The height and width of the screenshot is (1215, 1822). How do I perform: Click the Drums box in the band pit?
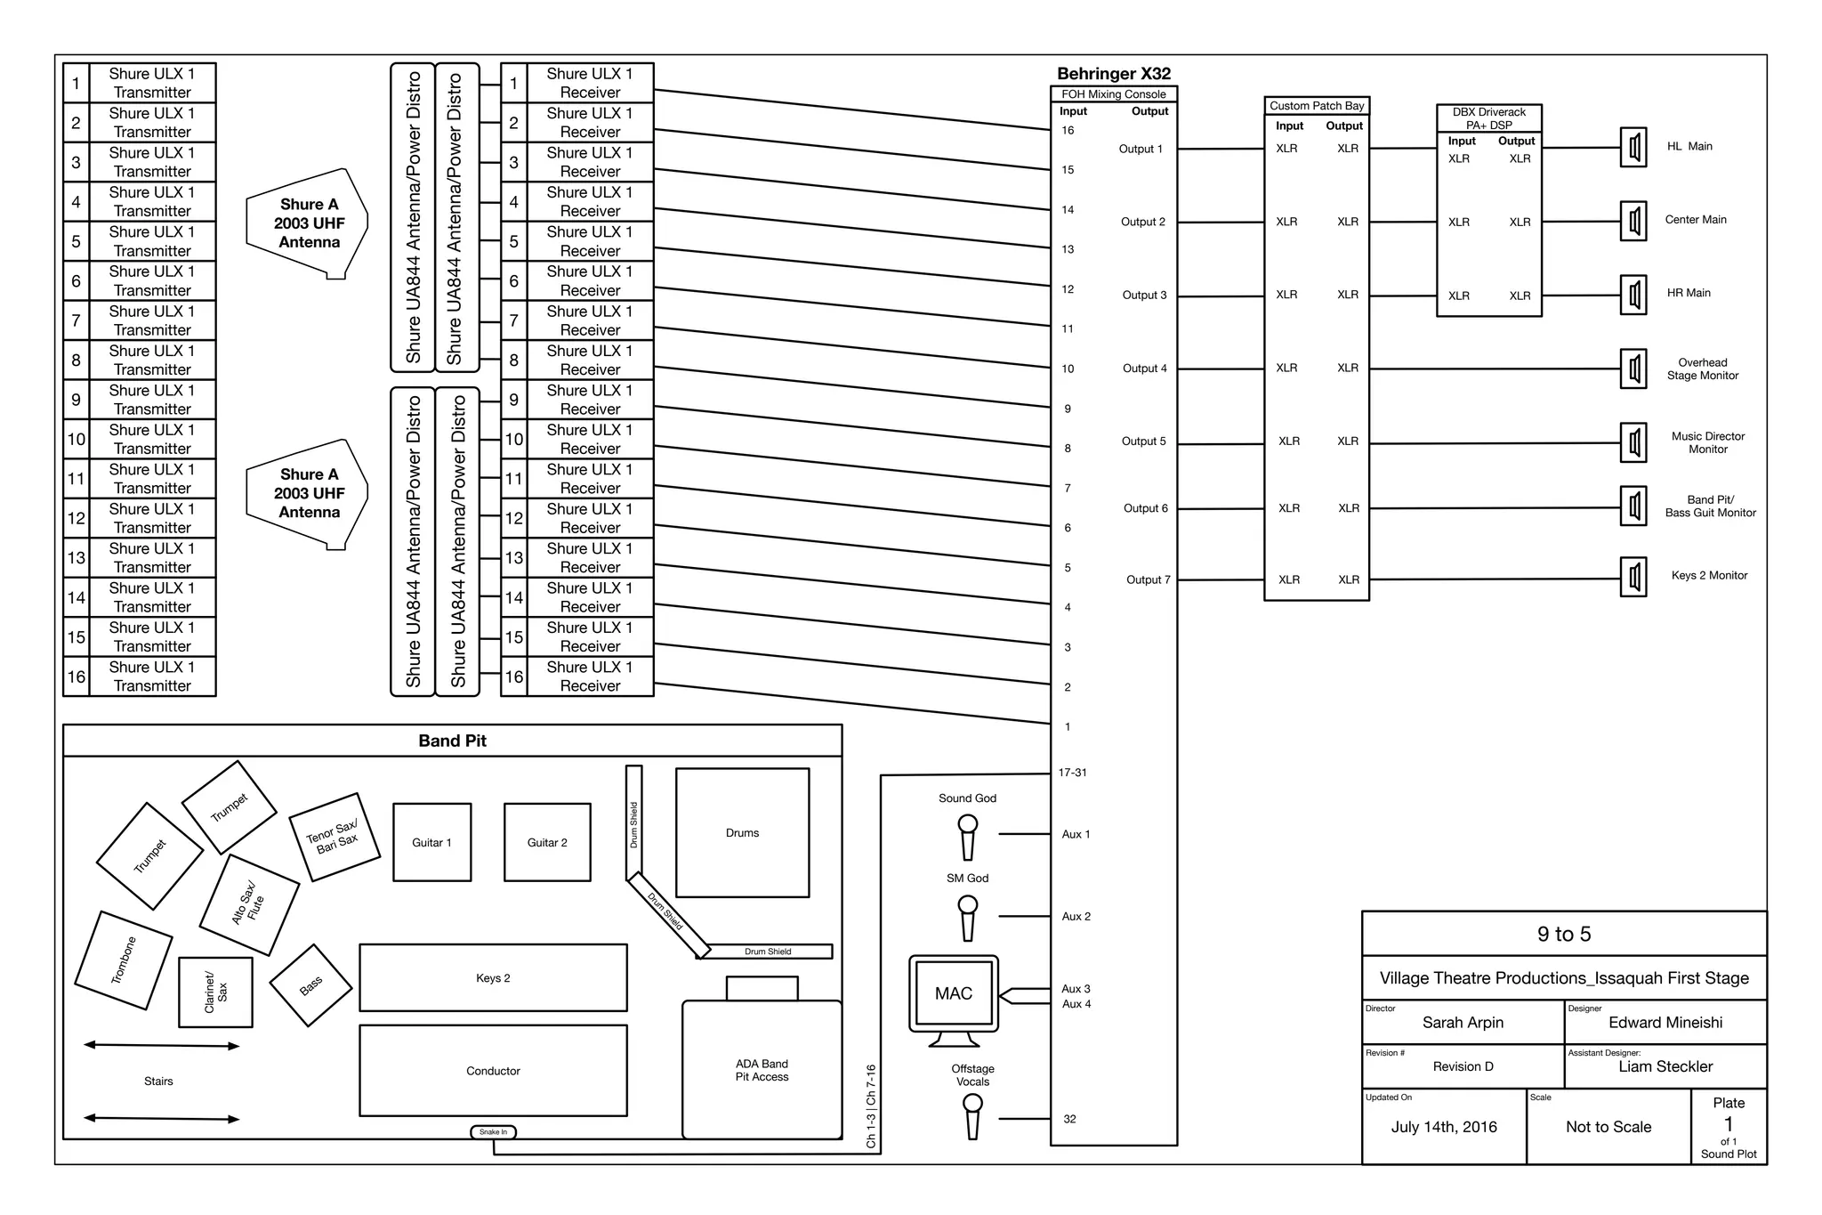click(742, 832)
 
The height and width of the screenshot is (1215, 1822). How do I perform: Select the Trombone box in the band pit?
click(124, 960)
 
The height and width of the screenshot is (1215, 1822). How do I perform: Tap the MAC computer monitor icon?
click(954, 994)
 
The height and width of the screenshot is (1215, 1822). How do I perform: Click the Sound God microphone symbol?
click(967, 837)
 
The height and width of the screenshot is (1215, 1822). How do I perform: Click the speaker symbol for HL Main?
click(1633, 147)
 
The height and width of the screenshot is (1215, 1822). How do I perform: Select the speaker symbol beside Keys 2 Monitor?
click(1633, 577)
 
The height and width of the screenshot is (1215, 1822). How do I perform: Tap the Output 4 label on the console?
click(1144, 369)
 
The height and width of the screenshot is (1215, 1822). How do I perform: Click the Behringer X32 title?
click(1113, 74)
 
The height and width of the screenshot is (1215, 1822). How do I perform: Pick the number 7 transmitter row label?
click(76, 320)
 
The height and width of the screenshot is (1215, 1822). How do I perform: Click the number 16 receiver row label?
click(514, 676)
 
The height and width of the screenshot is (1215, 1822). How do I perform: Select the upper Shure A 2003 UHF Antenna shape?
click(308, 223)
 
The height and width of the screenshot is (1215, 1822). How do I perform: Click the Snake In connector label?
click(493, 1132)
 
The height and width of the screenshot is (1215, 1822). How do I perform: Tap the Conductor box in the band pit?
click(493, 1071)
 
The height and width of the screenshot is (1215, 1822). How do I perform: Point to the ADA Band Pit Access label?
click(762, 1070)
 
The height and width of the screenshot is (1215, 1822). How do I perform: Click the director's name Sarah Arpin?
click(1463, 1023)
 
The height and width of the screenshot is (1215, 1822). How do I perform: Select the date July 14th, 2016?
click(1444, 1127)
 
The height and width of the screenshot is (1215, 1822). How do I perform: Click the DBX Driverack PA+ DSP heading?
click(1488, 118)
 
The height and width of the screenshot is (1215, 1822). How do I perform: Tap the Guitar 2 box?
click(547, 842)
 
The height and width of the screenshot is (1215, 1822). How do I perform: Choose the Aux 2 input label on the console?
click(1076, 916)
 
